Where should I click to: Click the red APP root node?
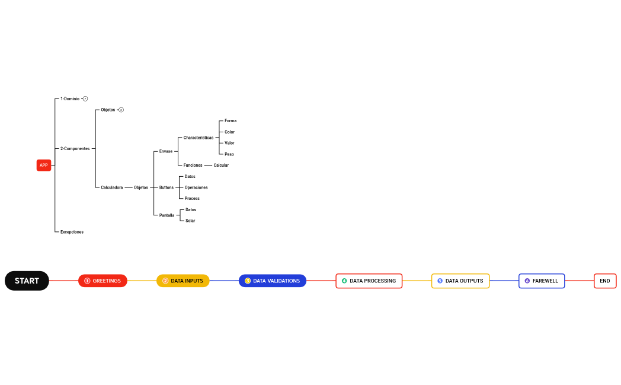[x=43, y=165]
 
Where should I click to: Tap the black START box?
[x=27, y=281]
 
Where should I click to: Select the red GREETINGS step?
[x=103, y=281]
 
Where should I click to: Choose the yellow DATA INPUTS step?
[x=183, y=281]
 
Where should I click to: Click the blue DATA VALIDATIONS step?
[x=272, y=281]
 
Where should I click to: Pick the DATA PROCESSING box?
[x=369, y=281]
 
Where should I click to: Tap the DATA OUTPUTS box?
[x=460, y=281]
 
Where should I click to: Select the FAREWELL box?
[x=542, y=281]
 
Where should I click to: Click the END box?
[x=605, y=281]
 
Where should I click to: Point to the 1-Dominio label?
[x=70, y=98]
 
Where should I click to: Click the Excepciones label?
[x=72, y=232]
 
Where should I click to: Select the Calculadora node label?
[x=112, y=187]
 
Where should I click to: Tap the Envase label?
[x=166, y=151]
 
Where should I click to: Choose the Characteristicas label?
[x=198, y=138]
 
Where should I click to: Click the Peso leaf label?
[x=229, y=154]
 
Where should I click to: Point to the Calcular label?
[x=221, y=165]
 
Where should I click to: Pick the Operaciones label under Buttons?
[x=196, y=187]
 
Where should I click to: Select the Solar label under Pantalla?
[x=190, y=221]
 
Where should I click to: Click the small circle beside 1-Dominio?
[x=85, y=98]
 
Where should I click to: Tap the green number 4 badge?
[x=344, y=281]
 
